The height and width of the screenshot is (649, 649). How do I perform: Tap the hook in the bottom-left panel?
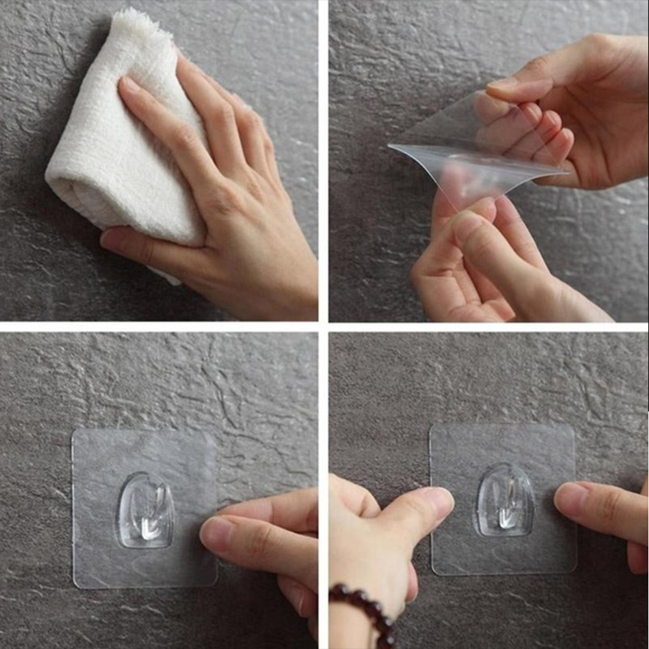[145, 510]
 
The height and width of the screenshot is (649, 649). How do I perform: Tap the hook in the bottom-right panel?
[506, 500]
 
